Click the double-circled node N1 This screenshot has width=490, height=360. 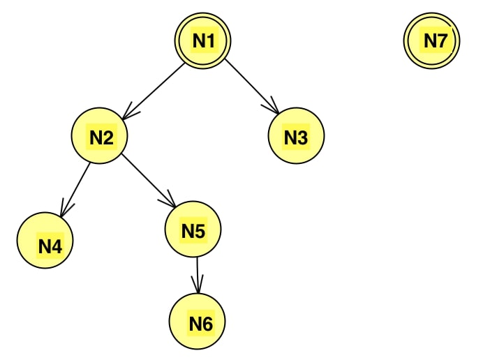pos(202,41)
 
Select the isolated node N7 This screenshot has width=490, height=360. pos(432,41)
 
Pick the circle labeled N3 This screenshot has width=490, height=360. pos(296,136)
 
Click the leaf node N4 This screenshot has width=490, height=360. pos(45,241)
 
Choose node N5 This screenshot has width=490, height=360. pos(193,230)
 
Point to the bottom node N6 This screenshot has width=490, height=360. pos(198,322)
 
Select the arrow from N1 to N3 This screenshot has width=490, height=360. pos(252,87)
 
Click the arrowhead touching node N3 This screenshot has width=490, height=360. pos(274,107)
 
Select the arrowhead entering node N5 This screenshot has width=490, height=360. pos(170,201)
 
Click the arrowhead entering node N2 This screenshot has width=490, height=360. pos(128,111)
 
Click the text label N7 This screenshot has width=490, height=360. pos(434,41)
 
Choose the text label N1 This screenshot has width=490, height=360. pos(204,41)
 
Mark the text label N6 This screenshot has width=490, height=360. pos(200,323)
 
